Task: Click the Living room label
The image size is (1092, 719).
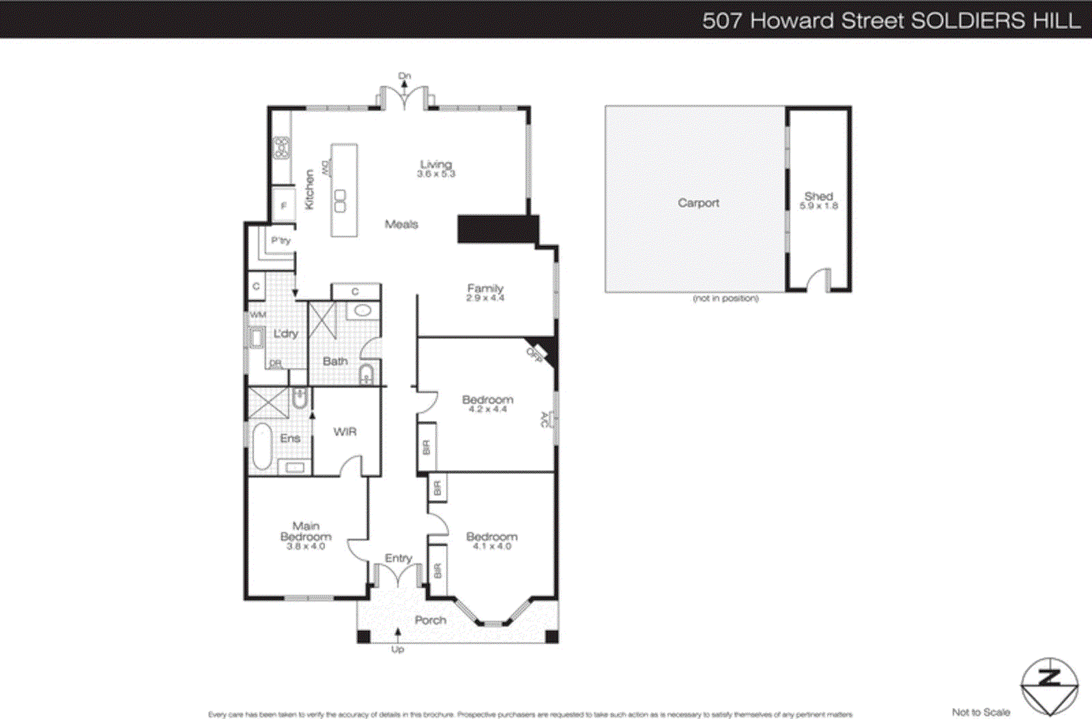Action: [x=436, y=164]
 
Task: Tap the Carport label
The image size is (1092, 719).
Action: [x=698, y=203]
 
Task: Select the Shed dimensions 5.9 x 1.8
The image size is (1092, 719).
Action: [x=818, y=206]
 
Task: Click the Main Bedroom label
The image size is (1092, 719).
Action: [x=306, y=531]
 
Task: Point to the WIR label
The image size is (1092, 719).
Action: [x=345, y=432]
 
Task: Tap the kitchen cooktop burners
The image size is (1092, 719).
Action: [x=281, y=148]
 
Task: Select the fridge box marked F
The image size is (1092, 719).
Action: [x=284, y=205]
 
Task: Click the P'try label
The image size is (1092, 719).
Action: [x=281, y=240]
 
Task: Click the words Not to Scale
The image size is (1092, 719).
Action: [x=981, y=712]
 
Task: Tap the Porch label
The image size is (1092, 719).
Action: [x=431, y=620]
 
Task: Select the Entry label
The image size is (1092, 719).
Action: [x=398, y=558]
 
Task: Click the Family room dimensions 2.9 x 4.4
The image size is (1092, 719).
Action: [x=485, y=298]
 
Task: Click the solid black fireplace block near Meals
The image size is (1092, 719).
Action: [x=496, y=229]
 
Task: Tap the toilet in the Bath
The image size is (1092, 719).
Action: [x=367, y=374]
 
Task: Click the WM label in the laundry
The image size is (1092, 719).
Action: [x=258, y=314]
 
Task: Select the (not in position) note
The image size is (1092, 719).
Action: [x=725, y=299]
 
